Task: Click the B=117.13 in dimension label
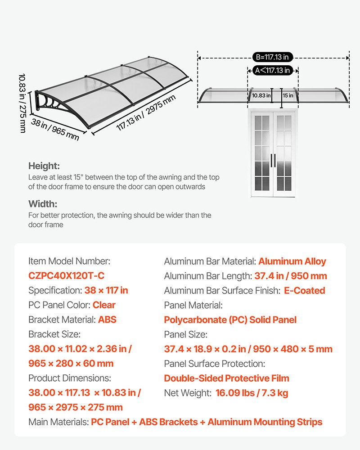tap(273, 57)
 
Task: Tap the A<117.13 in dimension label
tap(272, 70)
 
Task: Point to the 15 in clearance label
tap(288, 95)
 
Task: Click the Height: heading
tap(44, 166)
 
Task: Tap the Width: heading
tap(43, 204)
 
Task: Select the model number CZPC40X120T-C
tap(66, 276)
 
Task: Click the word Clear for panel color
tap(104, 305)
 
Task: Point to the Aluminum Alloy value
tap(292, 261)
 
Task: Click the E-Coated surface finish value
tap(304, 291)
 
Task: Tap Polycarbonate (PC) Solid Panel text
tap(230, 320)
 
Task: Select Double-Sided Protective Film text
tap(226, 378)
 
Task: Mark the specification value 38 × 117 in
tap(106, 291)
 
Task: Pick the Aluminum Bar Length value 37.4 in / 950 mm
tap(290, 276)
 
